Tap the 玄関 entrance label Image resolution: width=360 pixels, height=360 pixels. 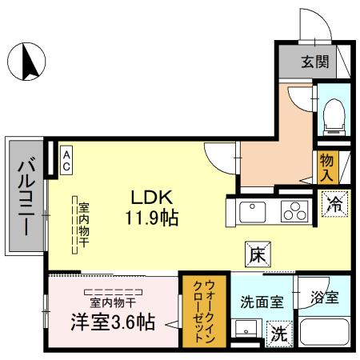316,61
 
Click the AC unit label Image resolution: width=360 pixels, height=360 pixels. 67,158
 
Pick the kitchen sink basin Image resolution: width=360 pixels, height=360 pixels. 253,211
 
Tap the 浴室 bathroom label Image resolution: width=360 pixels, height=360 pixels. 325,298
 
